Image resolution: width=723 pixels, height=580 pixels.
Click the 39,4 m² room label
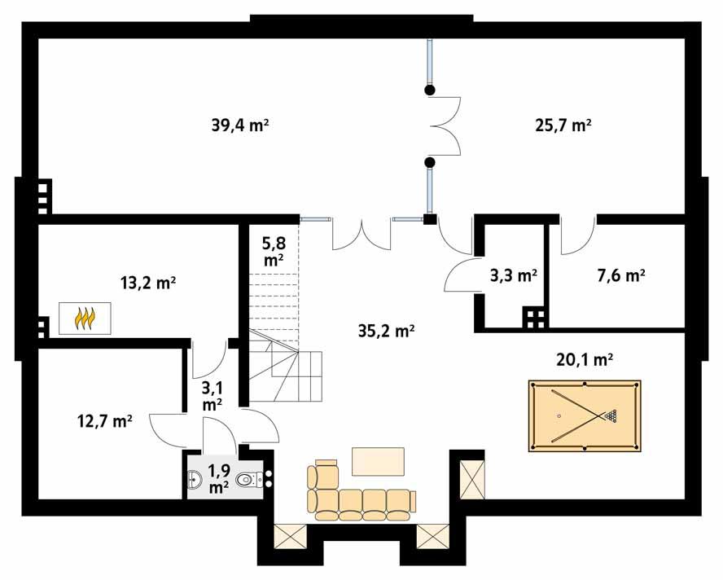coord(240,125)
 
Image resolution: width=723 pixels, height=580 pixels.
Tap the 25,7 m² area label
coord(561,125)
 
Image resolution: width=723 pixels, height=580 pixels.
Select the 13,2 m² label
coord(149,283)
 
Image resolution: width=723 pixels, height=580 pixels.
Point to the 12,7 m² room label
coord(103,421)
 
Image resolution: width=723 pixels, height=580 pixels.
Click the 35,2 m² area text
coord(387,330)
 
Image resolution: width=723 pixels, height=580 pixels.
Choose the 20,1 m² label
coord(583,358)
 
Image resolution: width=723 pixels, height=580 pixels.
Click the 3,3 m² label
coord(513,275)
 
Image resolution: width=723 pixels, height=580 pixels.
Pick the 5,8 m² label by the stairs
coord(273,251)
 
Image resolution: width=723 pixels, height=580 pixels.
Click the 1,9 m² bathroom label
coord(218,479)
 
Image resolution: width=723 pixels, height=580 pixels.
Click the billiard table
coord(584,415)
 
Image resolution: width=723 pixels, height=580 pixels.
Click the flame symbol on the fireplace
coord(85,318)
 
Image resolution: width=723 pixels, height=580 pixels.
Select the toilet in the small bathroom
coord(248,481)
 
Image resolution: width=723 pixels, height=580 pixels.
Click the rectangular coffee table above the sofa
coord(378,460)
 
